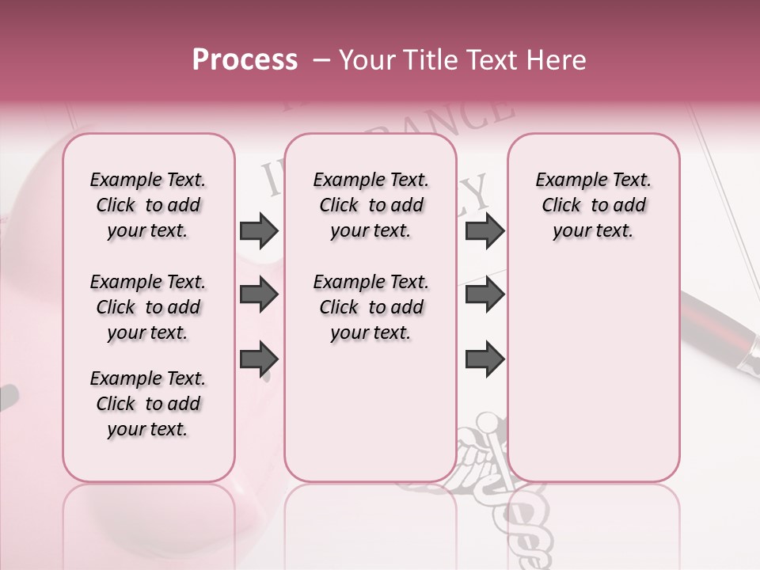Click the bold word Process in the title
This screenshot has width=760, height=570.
pyautogui.click(x=245, y=60)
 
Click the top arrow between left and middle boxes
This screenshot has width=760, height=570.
pyautogui.click(x=259, y=231)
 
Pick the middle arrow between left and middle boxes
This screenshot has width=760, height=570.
pyautogui.click(x=259, y=295)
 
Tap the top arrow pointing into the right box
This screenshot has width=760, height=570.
pyautogui.click(x=485, y=231)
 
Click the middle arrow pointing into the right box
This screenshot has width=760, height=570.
pyautogui.click(x=485, y=295)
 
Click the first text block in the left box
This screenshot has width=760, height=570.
pyautogui.click(x=148, y=205)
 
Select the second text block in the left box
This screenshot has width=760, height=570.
pyautogui.click(x=148, y=307)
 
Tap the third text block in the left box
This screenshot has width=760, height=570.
pyautogui.click(x=148, y=404)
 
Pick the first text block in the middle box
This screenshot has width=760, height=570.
pyautogui.click(x=370, y=205)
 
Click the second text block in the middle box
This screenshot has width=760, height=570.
pyautogui.click(x=370, y=307)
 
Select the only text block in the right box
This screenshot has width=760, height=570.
pyautogui.click(x=593, y=205)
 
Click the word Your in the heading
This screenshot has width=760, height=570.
pyautogui.click(x=364, y=60)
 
